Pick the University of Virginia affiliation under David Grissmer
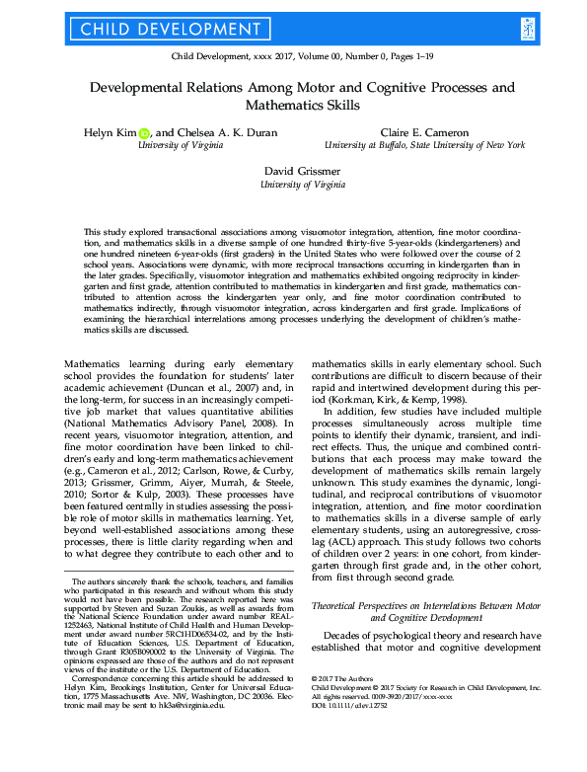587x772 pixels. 293,184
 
